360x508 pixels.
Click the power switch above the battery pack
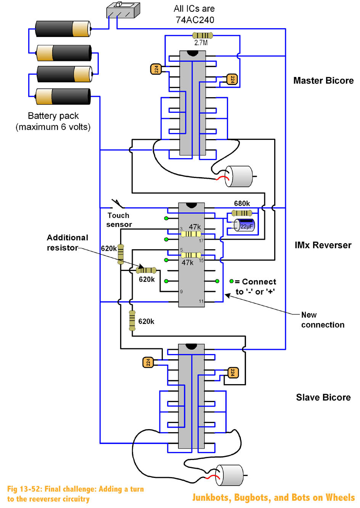click(x=123, y=10)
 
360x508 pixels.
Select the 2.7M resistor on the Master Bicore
click(x=202, y=35)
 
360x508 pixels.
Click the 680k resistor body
click(x=242, y=213)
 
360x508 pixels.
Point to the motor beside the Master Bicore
click(x=239, y=176)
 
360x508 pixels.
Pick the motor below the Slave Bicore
click(x=230, y=475)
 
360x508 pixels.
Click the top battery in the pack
click(x=63, y=29)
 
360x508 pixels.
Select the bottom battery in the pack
click(x=63, y=96)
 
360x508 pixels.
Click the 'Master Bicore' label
click(x=323, y=81)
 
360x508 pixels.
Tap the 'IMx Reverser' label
click(x=323, y=245)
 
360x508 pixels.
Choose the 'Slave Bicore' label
click(x=323, y=397)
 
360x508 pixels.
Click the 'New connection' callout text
click(x=323, y=320)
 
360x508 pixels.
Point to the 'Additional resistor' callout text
click(x=67, y=243)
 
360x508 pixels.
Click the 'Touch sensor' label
click(x=119, y=220)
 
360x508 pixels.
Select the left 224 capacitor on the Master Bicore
click(x=156, y=69)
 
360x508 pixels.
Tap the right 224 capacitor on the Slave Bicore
click(x=233, y=372)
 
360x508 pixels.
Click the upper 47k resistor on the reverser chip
click(x=191, y=234)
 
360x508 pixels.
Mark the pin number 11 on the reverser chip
click(x=201, y=301)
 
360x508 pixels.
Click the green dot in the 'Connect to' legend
click(x=231, y=281)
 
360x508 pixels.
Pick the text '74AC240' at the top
click(x=194, y=20)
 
